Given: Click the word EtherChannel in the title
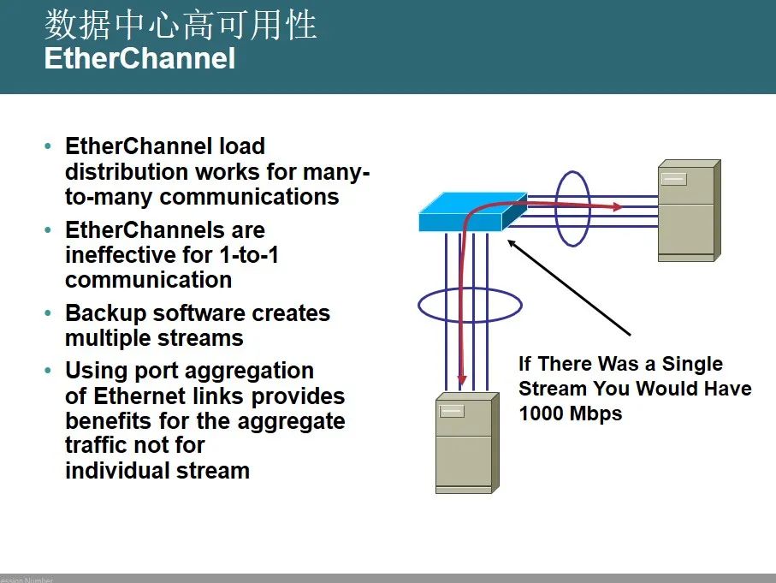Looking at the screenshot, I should [x=139, y=58].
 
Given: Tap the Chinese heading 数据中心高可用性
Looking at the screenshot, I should [x=181, y=25].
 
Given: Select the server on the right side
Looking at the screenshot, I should [x=687, y=211].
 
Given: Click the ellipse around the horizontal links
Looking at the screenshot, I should [x=573, y=209].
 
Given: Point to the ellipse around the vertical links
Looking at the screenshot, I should [x=470, y=304].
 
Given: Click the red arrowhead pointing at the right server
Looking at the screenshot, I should [x=616, y=207].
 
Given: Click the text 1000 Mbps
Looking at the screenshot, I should [x=570, y=413].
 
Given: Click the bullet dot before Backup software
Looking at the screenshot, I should [x=48, y=313].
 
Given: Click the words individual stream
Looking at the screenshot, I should [x=157, y=470].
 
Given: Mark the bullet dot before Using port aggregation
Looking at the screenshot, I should [x=48, y=371].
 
